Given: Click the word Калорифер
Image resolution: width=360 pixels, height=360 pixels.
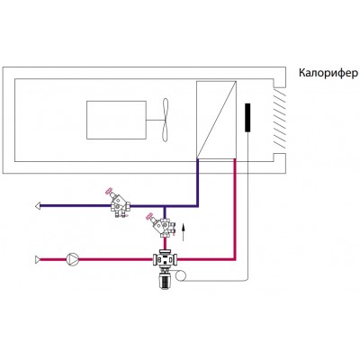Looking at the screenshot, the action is [x=328, y=74].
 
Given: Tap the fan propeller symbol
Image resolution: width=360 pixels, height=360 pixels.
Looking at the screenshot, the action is [x=166, y=120].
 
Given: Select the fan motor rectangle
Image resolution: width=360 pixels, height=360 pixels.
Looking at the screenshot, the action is [x=116, y=120].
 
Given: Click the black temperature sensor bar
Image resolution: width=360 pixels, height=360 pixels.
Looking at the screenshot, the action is [x=247, y=118].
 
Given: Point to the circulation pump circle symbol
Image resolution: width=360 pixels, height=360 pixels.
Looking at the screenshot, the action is [x=72, y=259].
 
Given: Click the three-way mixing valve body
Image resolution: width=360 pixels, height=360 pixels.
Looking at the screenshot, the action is [x=166, y=258].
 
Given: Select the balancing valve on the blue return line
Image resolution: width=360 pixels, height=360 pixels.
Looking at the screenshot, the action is [x=119, y=203].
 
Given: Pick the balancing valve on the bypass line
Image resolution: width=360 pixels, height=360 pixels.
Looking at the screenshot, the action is [x=162, y=225].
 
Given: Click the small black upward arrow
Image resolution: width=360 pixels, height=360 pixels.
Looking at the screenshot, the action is [x=184, y=232].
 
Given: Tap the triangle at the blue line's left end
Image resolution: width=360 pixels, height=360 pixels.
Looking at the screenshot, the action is [x=38, y=206].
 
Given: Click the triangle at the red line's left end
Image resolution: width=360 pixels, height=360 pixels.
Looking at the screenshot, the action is [x=38, y=259].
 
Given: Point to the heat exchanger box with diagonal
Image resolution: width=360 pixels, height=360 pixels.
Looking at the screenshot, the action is [x=216, y=120].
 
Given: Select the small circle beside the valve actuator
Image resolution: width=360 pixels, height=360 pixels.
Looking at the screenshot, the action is [x=181, y=275].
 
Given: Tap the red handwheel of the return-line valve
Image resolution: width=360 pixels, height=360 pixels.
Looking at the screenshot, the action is [x=109, y=191].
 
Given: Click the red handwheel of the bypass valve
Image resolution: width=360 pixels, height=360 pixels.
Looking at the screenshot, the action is [x=149, y=216].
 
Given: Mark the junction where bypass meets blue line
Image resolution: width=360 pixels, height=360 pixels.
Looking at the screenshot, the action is [x=165, y=206].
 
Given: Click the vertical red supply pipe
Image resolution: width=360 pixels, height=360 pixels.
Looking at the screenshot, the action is [x=235, y=209].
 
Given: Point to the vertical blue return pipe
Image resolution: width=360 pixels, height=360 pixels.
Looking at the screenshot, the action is [x=197, y=183].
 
